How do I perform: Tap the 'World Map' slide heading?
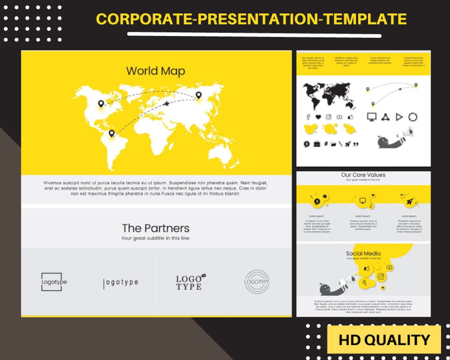[x=155, y=71]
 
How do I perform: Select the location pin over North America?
[x=101, y=103]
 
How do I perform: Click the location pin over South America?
[x=111, y=133]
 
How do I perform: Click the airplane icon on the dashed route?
[x=166, y=103]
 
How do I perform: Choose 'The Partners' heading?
[x=155, y=228]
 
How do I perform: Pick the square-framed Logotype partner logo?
[x=52, y=282]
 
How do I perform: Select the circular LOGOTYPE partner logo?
[x=257, y=282]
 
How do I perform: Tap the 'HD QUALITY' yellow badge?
[x=384, y=340]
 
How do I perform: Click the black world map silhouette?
[x=329, y=95]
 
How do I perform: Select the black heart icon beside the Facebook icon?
[x=318, y=117]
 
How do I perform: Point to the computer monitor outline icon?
[x=372, y=117]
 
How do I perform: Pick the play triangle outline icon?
[x=399, y=117]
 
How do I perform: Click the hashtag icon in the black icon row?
[x=326, y=144]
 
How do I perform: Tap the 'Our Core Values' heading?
[x=363, y=175]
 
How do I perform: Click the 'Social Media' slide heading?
[x=363, y=253]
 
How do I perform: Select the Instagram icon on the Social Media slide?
[x=380, y=277]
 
